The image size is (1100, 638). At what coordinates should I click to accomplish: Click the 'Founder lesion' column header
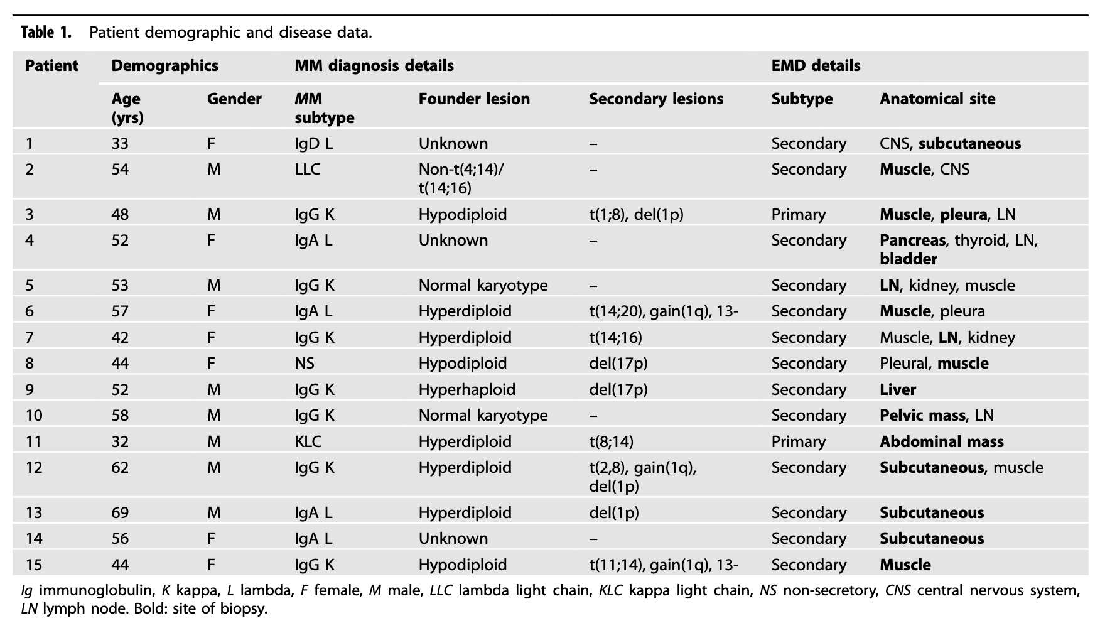pyautogui.click(x=474, y=99)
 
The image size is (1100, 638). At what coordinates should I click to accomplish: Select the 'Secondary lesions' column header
pyautogui.click(x=656, y=99)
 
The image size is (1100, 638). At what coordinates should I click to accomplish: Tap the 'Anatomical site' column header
pyautogui.click(x=937, y=99)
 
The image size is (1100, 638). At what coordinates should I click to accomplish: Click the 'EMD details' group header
pyautogui.click(x=816, y=66)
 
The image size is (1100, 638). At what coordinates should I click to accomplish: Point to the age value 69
pyautogui.click(x=120, y=513)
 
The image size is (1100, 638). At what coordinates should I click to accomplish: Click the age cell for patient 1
pyautogui.click(x=120, y=144)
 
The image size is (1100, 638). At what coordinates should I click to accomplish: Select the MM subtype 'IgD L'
pyautogui.click(x=314, y=144)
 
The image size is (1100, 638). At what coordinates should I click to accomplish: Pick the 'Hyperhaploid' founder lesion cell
pyautogui.click(x=467, y=390)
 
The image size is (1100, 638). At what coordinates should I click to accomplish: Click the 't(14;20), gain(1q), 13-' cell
pyautogui.click(x=664, y=311)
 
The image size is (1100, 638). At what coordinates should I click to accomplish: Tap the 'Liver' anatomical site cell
pyautogui.click(x=898, y=390)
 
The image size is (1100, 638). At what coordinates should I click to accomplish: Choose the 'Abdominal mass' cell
pyautogui.click(x=942, y=442)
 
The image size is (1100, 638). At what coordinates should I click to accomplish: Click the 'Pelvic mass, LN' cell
pyautogui.click(x=937, y=416)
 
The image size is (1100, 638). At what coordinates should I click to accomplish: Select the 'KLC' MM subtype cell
pyautogui.click(x=308, y=442)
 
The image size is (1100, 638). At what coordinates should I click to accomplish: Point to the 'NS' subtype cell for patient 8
pyautogui.click(x=305, y=364)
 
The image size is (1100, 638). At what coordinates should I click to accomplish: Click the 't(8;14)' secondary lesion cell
pyautogui.click(x=611, y=442)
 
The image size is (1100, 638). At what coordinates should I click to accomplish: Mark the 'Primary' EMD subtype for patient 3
pyautogui.click(x=799, y=215)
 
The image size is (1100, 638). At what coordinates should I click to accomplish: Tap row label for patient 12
pyautogui.click(x=34, y=468)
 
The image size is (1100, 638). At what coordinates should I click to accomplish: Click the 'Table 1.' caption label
pyautogui.click(x=46, y=32)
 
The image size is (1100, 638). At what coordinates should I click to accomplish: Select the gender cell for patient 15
pyautogui.click(x=211, y=565)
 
